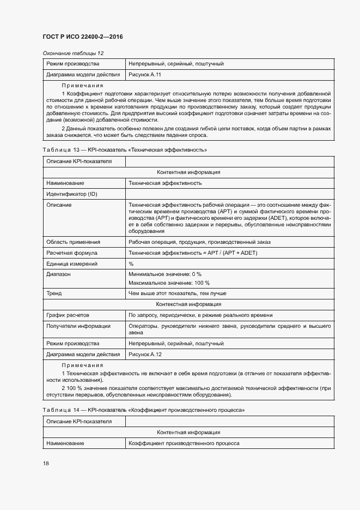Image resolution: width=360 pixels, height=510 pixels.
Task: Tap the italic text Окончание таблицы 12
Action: pos(72,53)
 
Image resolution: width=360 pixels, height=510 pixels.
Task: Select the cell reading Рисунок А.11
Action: pos(145,74)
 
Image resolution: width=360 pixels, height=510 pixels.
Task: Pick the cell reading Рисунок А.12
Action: pos(145,354)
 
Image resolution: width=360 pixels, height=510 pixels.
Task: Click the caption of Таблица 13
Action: pos(125,149)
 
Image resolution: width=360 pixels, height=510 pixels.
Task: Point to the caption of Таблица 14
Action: pos(143,410)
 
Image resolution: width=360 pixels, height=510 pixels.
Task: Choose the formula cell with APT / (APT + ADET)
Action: pos(193,253)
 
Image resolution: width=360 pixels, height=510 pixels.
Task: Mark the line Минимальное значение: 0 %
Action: pos(165,274)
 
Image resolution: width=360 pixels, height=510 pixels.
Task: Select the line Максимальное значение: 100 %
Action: pos(169,283)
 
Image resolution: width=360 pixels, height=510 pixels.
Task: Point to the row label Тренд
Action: pos(54,293)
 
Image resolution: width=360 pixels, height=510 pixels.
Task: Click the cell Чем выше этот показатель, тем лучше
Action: pos(177,293)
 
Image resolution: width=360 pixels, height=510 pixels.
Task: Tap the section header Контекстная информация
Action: pos(188,304)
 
